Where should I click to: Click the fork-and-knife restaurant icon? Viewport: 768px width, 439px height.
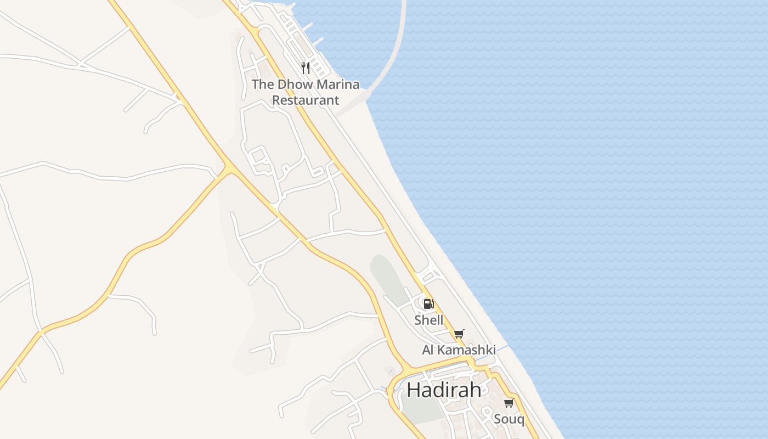(306, 68)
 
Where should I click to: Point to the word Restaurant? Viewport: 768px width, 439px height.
(306, 100)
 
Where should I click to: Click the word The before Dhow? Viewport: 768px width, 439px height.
(262, 85)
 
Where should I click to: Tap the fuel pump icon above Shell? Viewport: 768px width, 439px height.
(428, 303)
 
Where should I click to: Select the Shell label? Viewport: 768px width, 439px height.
(428, 320)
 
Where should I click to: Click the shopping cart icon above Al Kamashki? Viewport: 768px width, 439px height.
(459, 334)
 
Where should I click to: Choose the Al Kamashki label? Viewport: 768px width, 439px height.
(459, 350)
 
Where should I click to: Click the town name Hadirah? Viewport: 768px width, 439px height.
(444, 390)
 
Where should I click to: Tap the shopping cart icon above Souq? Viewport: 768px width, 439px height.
(509, 403)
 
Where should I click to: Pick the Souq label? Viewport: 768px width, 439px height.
(509, 420)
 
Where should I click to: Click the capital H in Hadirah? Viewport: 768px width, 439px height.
(414, 390)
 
